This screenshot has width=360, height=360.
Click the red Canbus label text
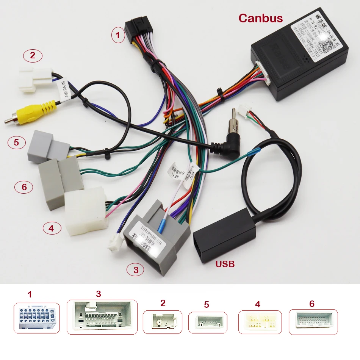coord(260,18)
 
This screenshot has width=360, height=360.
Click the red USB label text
coord(224,264)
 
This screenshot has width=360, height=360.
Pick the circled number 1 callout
coord(118,36)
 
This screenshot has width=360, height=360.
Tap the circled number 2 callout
coord(33,56)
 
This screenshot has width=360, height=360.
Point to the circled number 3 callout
coord(135,270)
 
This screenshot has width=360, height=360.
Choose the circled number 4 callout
coord(51,228)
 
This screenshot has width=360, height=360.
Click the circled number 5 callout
coord(16,142)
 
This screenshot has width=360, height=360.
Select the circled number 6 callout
coord(24,187)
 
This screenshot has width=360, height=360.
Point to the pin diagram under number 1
coord(37,318)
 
